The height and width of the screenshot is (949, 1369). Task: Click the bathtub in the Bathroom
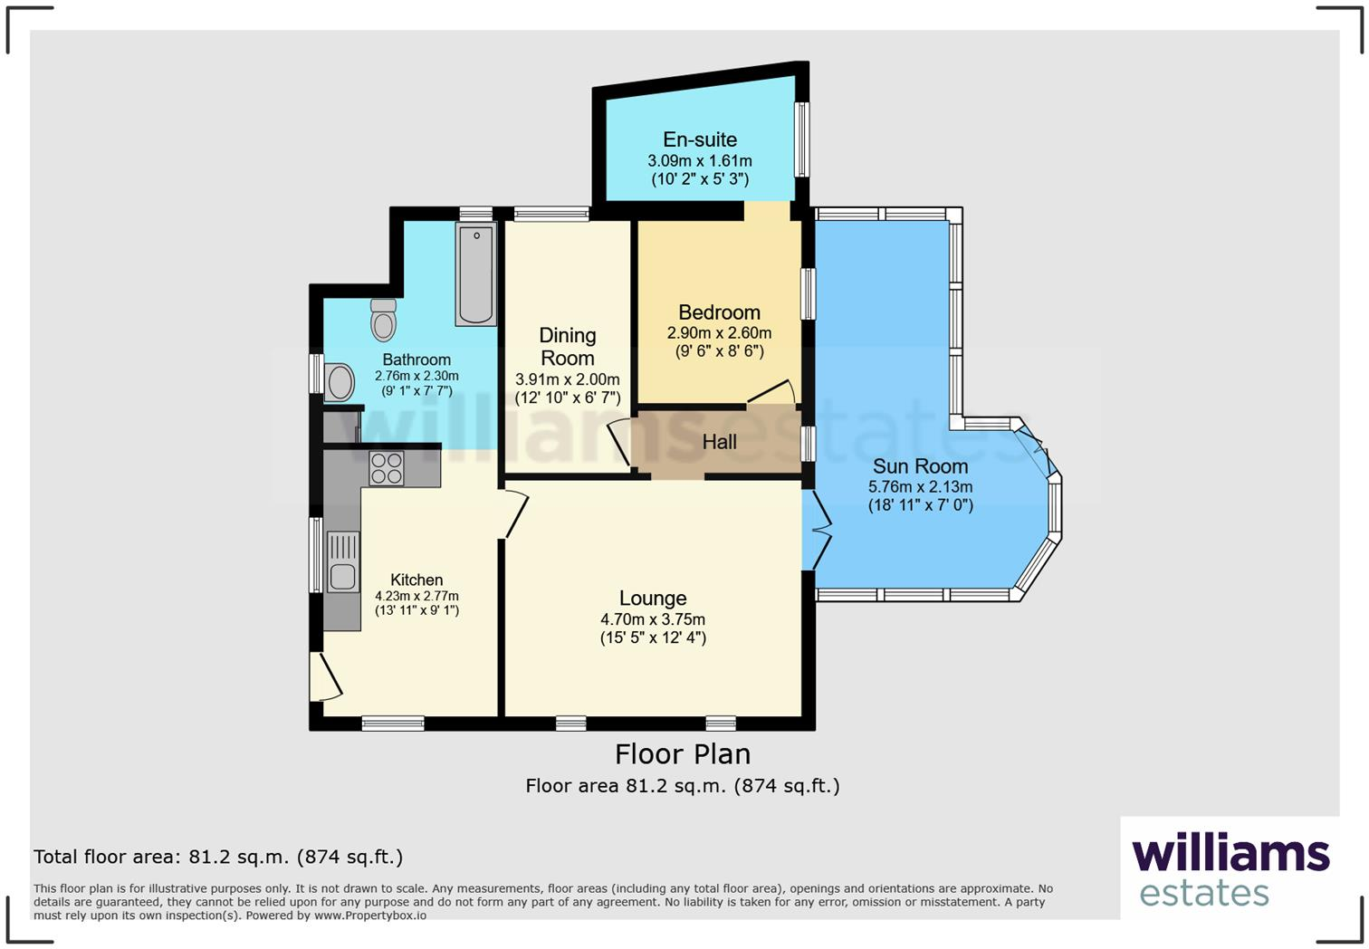[476, 275]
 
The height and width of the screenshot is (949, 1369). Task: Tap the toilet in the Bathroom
[384, 320]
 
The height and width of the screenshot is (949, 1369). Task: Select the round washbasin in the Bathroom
[340, 382]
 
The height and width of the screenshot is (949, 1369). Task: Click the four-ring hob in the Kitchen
[387, 468]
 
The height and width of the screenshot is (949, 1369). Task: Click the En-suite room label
[700, 139]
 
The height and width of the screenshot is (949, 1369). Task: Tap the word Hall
[719, 442]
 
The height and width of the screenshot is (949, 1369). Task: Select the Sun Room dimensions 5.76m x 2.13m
[920, 487]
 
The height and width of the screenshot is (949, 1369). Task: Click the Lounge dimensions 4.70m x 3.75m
[653, 619]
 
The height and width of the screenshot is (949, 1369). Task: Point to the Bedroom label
[719, 312]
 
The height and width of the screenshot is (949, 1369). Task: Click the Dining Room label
[568, 347]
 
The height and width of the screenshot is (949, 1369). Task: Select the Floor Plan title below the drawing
[683, 753]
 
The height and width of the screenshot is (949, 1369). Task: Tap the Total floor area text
[218, 857]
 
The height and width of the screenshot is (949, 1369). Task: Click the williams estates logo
[1230, 869]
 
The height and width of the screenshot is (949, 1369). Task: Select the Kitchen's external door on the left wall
[324, 676]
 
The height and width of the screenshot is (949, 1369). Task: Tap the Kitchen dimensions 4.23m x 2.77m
[416, 597]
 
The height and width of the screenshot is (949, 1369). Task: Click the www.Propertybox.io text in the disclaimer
[369, 915]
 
